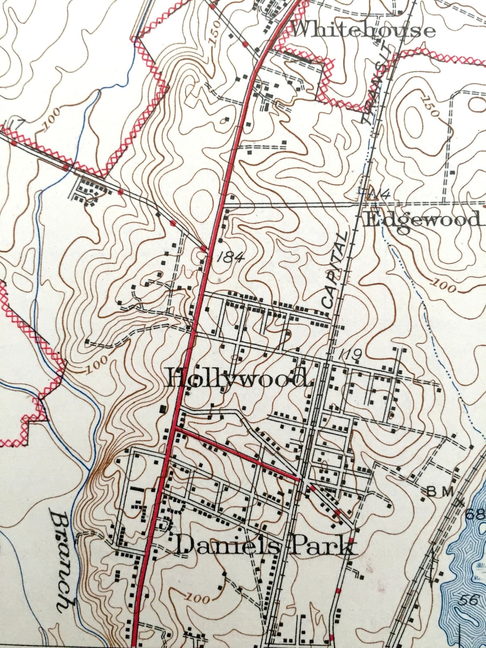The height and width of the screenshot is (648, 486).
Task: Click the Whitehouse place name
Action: click(362, 30)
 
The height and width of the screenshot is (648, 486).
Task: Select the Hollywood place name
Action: click(237, 378)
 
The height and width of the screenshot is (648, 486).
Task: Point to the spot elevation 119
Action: click(350, 354)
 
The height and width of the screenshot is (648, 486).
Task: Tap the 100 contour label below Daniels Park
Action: click(198, 598)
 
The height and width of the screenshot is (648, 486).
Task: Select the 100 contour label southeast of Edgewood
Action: click(443, 286)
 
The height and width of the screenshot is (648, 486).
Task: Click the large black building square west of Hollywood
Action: click(162, 409)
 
